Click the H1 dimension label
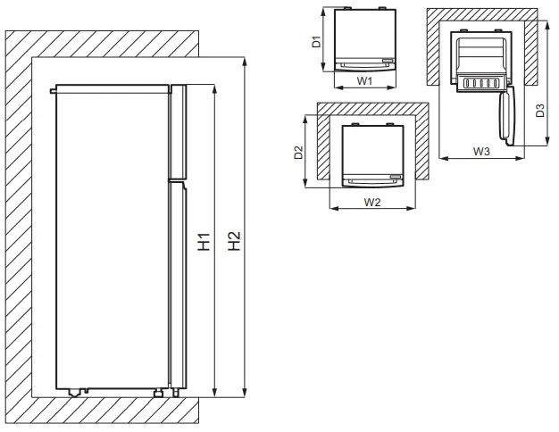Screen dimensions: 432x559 [205, 241]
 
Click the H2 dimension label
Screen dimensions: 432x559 [234, 241]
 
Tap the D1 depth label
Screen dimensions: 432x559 [316, 41]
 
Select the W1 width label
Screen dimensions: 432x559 [364, 80]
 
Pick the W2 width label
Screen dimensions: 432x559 [373, 202]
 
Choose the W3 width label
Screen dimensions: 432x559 [481, 152]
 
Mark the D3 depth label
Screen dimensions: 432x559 [540, 111]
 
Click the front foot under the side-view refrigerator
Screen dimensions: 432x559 [159, 391]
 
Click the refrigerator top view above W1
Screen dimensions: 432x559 [363, 40]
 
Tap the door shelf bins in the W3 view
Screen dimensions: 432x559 [479, 83]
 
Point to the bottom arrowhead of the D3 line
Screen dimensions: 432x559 [546, 143]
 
